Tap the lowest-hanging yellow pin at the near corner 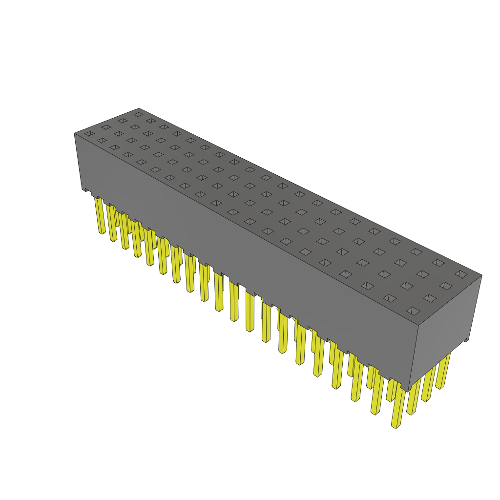click(x=395, y=426)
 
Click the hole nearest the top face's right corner click(x=461, y=274)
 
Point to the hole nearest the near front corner click(x=413, y=311)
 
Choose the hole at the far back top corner click(x=139, y=114)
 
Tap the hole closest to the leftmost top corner click(x=89, y=133)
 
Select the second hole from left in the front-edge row click(x=102, y=141)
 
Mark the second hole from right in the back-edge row click(x=438, y=263)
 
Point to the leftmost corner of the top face click(x=75, y=133)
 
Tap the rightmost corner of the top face click(x=481, y=275)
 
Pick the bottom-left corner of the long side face click(x=83, y=189)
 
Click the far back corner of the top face click(x=139, y=109)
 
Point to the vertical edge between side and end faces click(x=414, y=359)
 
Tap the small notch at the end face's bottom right click(x=466, y=339)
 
